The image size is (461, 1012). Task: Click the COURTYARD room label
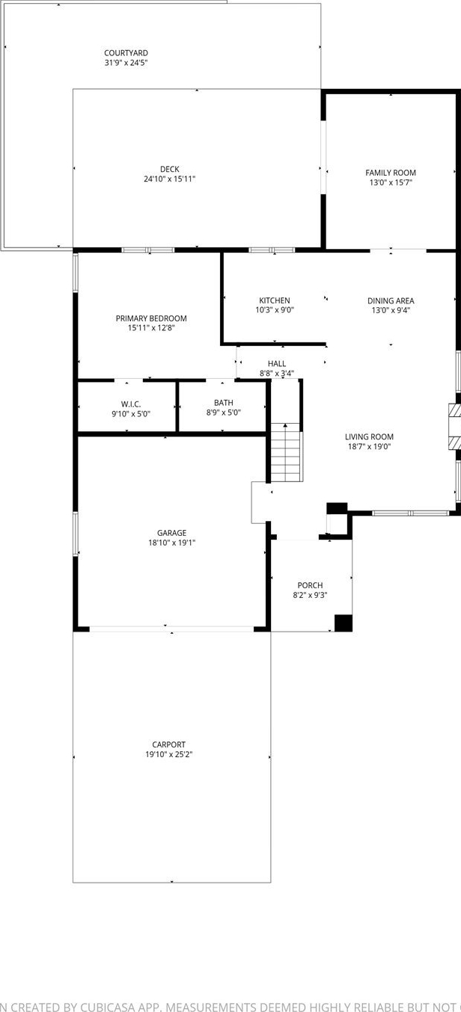[126, 53]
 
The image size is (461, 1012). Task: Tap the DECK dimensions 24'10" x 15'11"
[170, 179]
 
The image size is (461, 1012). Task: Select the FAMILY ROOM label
[391, 173]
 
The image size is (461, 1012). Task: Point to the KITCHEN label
[274, 300]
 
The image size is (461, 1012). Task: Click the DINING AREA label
[391, 300]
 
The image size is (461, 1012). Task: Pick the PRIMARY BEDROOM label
[151, 318]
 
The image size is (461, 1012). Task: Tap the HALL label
[276, 364]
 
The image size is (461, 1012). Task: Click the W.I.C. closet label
[131, 404]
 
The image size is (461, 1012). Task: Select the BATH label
[224, 403]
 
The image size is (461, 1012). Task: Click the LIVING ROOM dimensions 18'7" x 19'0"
[369, 447]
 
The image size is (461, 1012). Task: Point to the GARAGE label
[171, 533]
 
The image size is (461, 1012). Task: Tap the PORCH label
[310, 585]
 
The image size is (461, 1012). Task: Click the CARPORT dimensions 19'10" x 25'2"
[168, 754]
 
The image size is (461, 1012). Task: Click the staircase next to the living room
[286, 453]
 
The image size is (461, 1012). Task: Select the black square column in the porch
[344, 623]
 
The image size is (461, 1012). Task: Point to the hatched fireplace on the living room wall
[454, 425]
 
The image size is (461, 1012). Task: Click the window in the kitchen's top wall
[272, 250]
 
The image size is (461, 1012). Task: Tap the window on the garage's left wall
[76, 533]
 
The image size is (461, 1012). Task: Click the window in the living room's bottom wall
[411, 513]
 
